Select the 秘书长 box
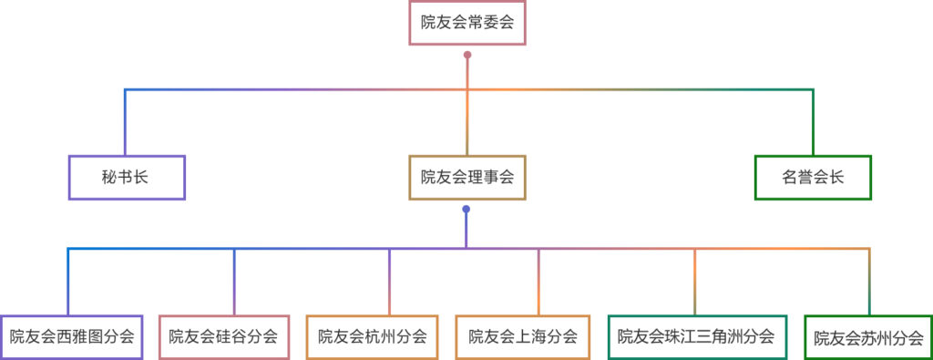coord(127,178)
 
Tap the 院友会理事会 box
coord(466,178)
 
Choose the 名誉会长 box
coord(813,178)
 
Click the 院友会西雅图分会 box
coord(72,336)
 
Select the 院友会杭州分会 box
coord(372,336)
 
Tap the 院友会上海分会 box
coord(523,336)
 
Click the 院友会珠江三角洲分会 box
coord(696,336)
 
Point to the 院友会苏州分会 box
coord(868,337)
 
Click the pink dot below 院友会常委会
coord(467,56)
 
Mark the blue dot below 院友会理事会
coord(466,210)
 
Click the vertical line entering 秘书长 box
coord(125,123)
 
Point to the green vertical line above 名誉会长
coord(813,123)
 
